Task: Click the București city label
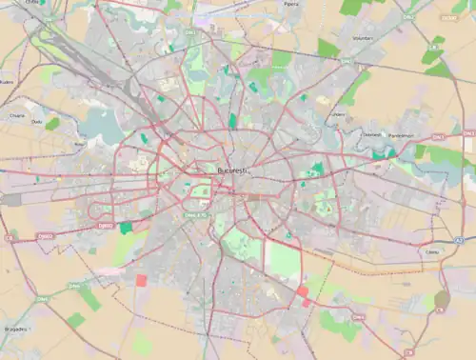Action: [x=232, y=170]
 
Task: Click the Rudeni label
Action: [x=7, y=82]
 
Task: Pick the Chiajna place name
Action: [x=17, y=115]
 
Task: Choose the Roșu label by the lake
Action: [x=79, y=144]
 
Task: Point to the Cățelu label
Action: [x=433, y=251]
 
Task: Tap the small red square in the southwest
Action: [x=142, y=280]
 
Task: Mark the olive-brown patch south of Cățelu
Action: [x=442, y=300]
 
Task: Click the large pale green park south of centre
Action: [x=283, y=259]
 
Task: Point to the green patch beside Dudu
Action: [x=51, y=123]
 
